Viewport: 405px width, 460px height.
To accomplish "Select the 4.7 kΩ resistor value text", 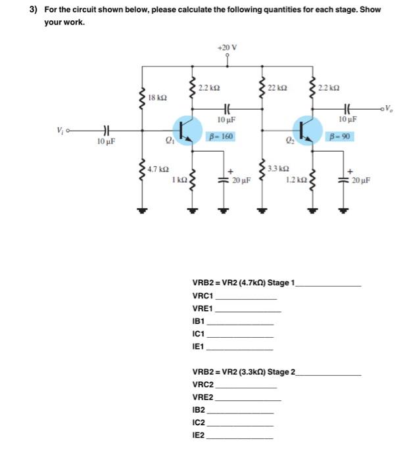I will point(156,170).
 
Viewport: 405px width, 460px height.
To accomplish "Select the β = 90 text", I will point(339,136).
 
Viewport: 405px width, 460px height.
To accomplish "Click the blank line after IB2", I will point(239,410).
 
